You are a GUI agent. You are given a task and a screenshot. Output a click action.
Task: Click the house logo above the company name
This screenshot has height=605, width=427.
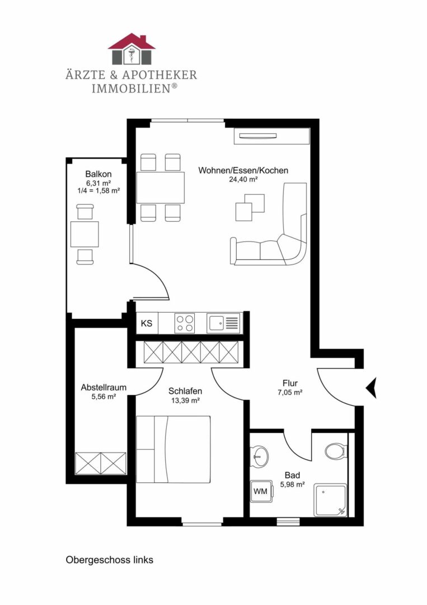[x=132, y=49]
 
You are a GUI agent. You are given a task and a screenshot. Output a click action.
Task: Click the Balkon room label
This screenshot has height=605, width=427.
[x=98, y=174]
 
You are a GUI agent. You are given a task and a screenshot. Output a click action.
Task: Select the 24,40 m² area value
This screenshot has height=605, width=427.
[x=243, y=179]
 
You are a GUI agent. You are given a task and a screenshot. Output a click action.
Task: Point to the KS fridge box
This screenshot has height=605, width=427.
[x=147, y=323]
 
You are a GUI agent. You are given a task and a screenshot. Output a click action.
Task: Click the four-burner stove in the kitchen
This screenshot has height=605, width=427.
[x=184, y=323]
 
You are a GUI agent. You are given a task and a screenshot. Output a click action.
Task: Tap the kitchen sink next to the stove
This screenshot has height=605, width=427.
[x=223, y=323]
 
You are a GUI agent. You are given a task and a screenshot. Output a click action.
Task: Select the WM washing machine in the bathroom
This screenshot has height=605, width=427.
[x=261, y=491]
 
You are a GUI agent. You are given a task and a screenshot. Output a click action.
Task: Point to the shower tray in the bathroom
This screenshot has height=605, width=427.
[x=331, y=500]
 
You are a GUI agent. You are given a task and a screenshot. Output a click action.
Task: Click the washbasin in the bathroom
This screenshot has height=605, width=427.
[x=259, y=456]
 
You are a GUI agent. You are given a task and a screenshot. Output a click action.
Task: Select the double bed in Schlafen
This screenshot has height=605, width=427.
[x=173, y=449]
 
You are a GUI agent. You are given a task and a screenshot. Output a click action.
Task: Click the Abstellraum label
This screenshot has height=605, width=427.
[x=104, y=387]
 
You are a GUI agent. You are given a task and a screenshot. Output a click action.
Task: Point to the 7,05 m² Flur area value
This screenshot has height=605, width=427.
[x=290, y=393]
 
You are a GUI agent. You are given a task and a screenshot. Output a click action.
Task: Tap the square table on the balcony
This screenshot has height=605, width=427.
[x=85, y=234]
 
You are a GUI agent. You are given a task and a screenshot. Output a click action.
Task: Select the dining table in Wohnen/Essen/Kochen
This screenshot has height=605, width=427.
[x=160, y=188]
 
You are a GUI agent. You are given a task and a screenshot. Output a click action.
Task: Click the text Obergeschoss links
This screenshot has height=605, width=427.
[x=110, y=560]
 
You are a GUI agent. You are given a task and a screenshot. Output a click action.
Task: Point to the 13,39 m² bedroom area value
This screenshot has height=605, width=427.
[x=185, y=401]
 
